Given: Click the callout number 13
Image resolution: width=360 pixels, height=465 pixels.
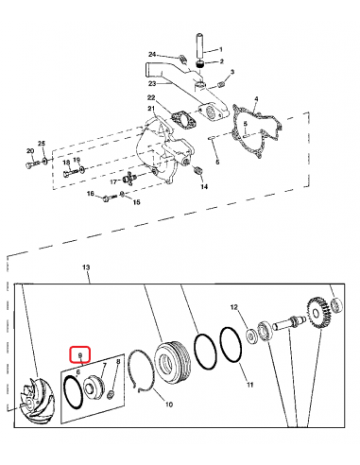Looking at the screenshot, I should click(87, 268).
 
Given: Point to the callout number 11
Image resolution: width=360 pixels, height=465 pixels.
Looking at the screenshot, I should click(249, 386).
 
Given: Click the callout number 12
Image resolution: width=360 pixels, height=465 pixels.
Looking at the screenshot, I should click(236, 307).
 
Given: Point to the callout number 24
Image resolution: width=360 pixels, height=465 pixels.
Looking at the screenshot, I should click(151, 55).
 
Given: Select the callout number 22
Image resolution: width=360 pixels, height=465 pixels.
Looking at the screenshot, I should click(150, 97).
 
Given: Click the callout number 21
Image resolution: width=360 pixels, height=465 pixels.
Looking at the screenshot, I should click(149, 110).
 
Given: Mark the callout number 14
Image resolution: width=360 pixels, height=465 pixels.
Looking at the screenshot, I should click(204, 187).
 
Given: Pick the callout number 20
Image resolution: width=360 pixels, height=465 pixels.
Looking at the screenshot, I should click(30, 150).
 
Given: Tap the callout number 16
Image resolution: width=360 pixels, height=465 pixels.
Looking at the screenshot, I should click(91, 194).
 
